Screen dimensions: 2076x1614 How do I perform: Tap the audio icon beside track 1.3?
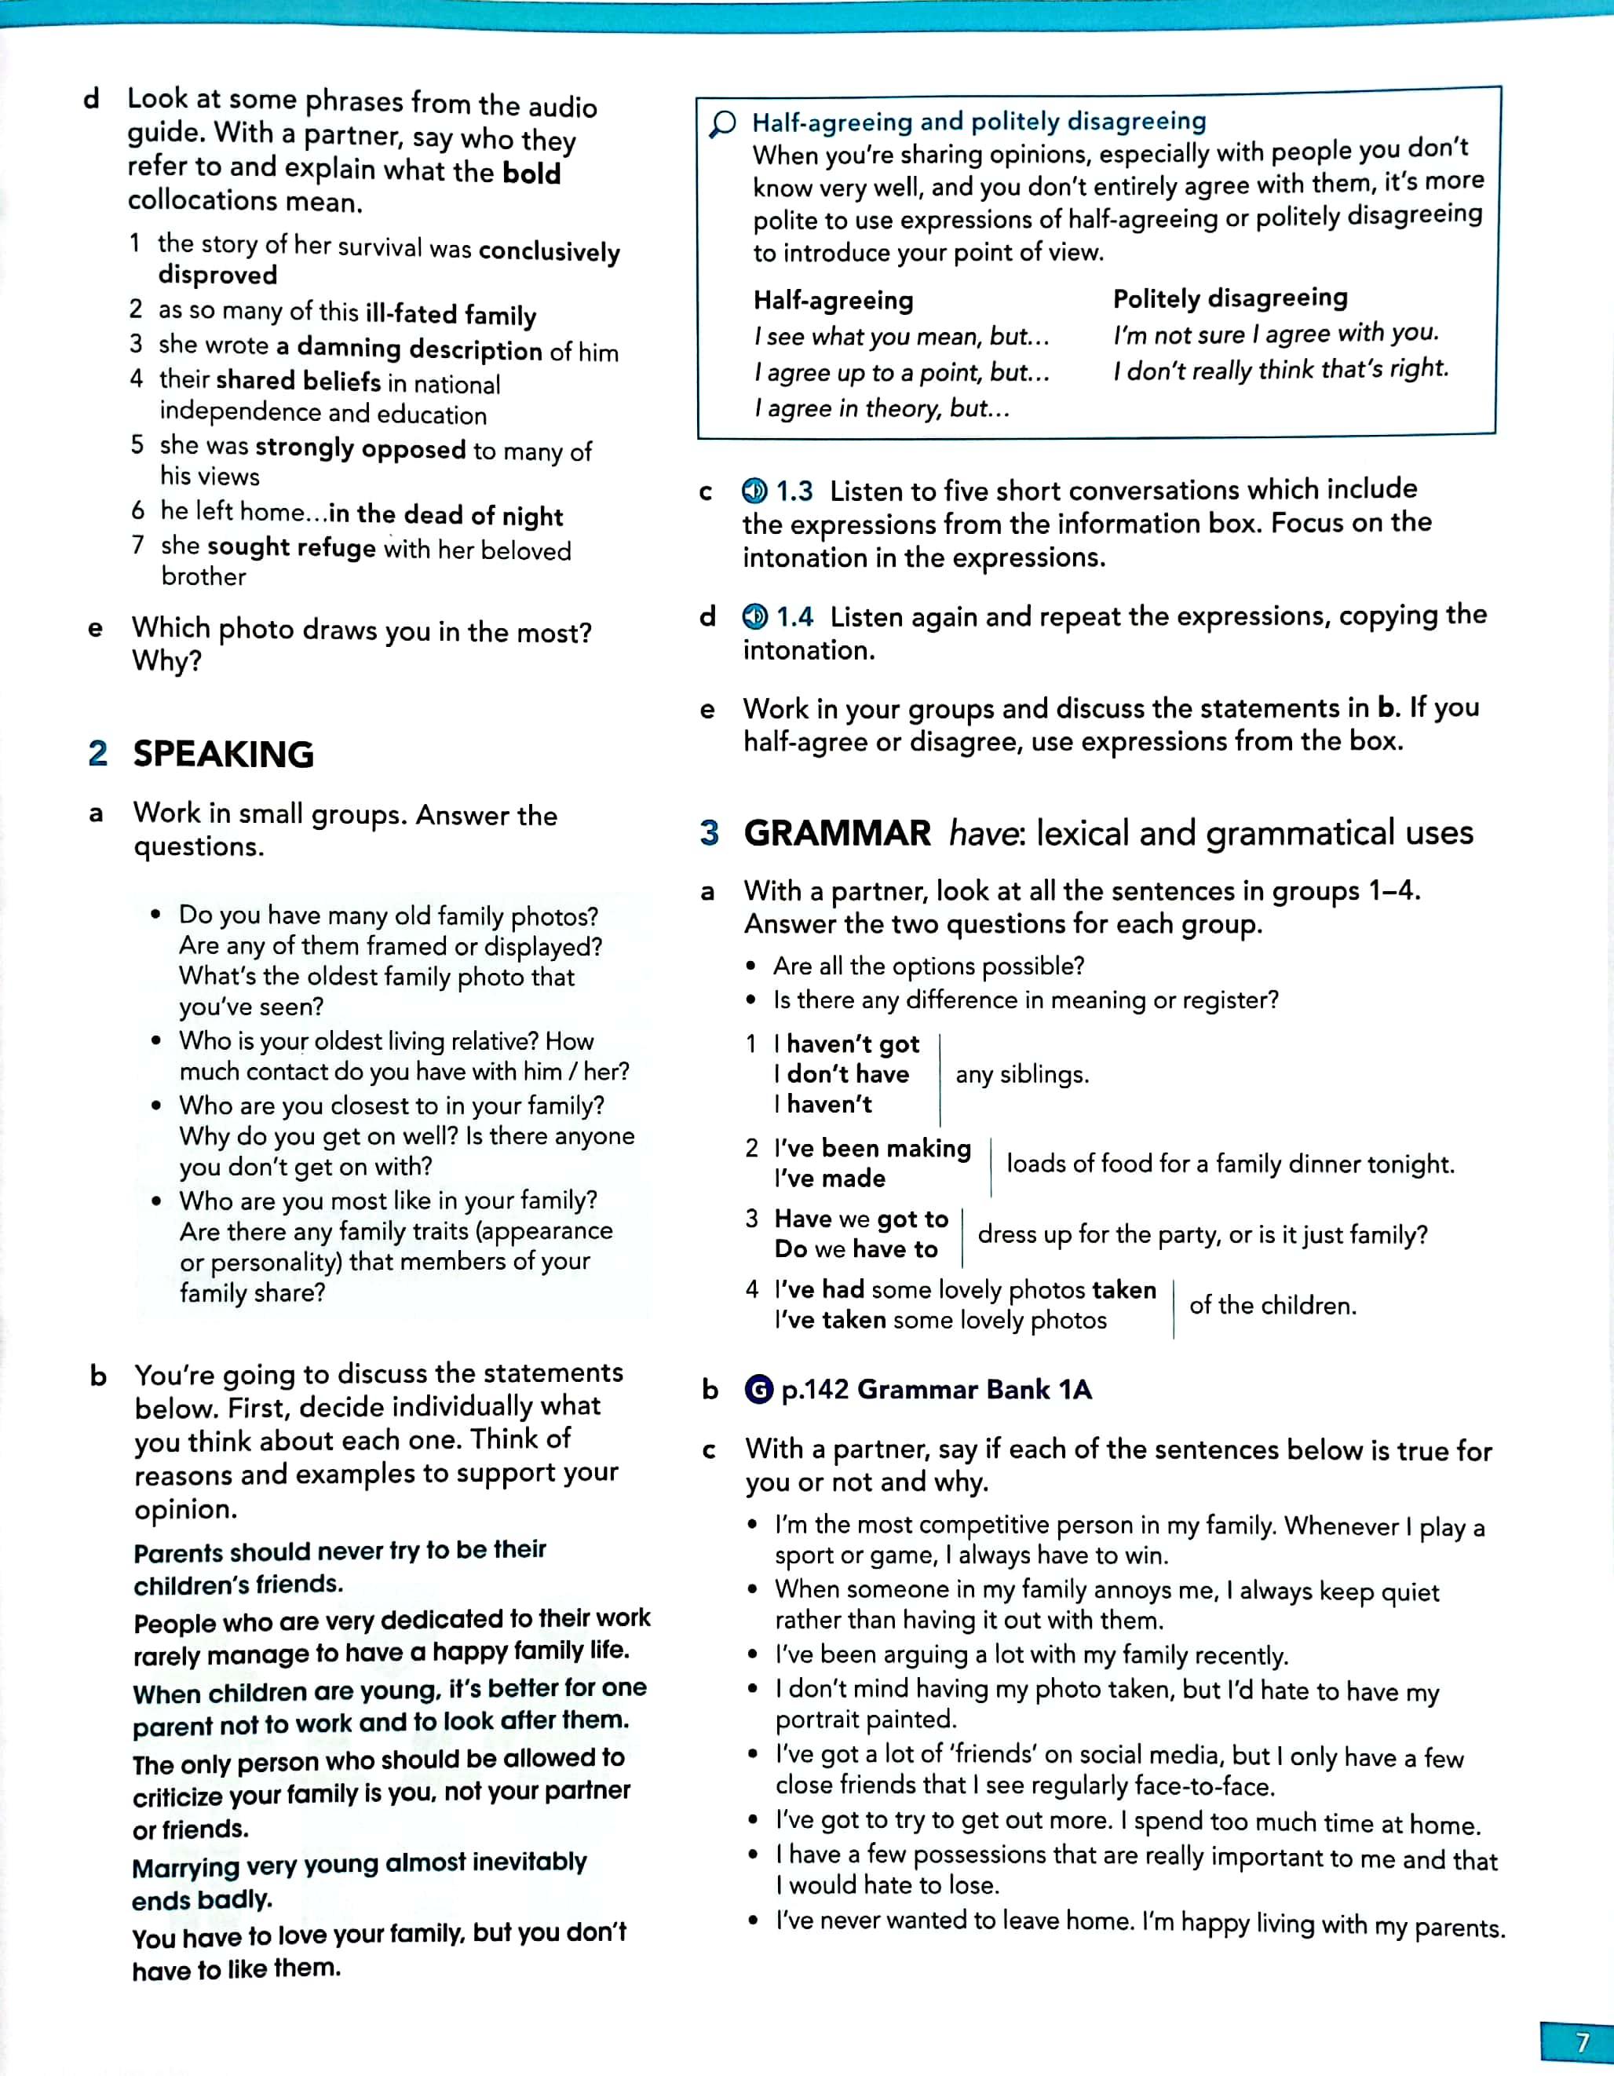(754, 491)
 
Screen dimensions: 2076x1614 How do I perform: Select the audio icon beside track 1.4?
(754, 617)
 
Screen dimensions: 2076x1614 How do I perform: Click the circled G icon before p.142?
(758, 1390)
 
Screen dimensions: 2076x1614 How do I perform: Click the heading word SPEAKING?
(224, 754)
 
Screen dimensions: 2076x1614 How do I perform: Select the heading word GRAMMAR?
(838, 833)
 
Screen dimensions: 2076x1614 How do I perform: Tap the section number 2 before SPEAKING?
(97, 753)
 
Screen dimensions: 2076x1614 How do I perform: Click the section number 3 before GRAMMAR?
(709, 833)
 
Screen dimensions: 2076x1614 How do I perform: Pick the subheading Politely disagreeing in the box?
(1230, 298)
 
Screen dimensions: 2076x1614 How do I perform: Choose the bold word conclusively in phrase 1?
(550, 251)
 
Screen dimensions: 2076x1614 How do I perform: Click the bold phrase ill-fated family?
(451, 314)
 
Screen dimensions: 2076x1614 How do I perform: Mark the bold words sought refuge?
(292, 547)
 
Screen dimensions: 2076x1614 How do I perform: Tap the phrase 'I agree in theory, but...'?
(881, 409)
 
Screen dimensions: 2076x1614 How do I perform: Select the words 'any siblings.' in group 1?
(1022, 1074)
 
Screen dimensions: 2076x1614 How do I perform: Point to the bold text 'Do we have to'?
(856, 1249)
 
